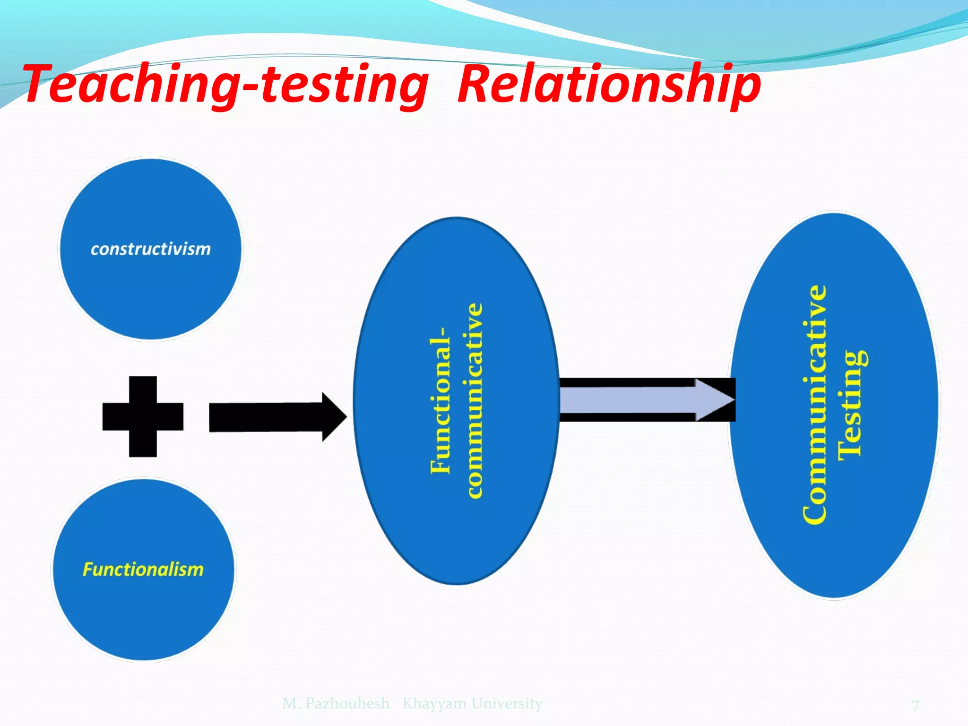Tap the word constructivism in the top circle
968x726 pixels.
coord(150,249)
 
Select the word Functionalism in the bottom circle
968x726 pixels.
coord(143,569)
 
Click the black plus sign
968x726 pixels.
coord(143,416)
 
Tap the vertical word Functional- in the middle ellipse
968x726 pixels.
coord(441,406)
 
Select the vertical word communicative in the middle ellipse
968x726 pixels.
coord(475,401)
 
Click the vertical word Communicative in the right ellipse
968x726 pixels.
coord(815,405)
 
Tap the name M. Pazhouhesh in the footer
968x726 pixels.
coord(336,703)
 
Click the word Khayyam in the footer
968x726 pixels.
coord(434,704)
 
